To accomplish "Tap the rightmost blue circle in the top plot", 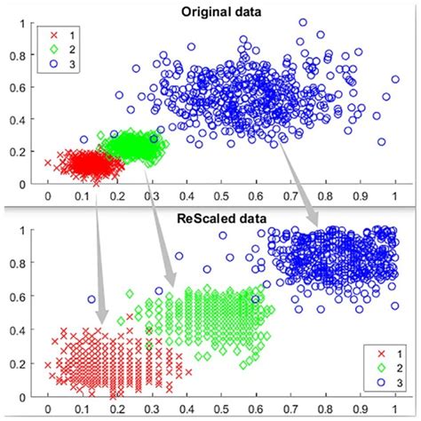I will tap(395, 79).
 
